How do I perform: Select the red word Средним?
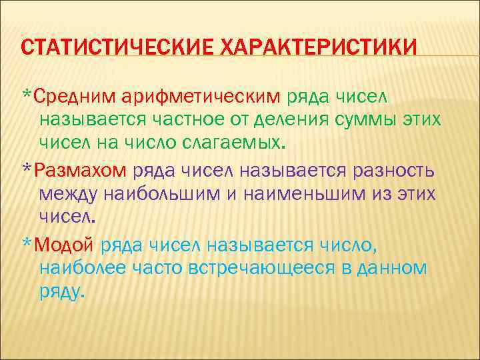tap(75, 97)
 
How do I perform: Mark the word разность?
tap(391, 170)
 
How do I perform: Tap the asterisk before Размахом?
tap(27, 168)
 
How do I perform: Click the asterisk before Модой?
tap(27, 243)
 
